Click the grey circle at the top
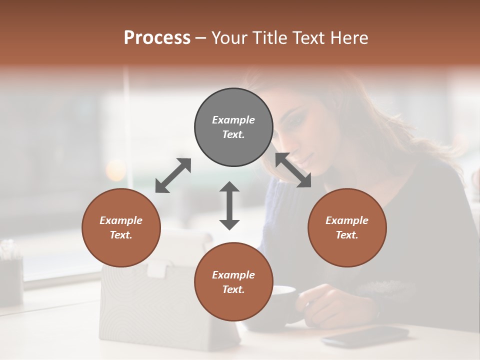pos(233,127)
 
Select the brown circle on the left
pos(121,227)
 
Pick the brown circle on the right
pos(347,227)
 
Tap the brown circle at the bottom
pos(233,281)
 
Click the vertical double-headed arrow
pos(229,205)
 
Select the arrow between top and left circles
pos(173,175)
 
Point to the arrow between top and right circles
pos(293,170)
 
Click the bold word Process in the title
pos(157,37)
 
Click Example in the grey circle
pos(233,120)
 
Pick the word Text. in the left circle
pos(121,235)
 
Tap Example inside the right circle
pos(347,220)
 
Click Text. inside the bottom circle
pos(233,289)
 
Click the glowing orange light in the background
pos(116,170)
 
